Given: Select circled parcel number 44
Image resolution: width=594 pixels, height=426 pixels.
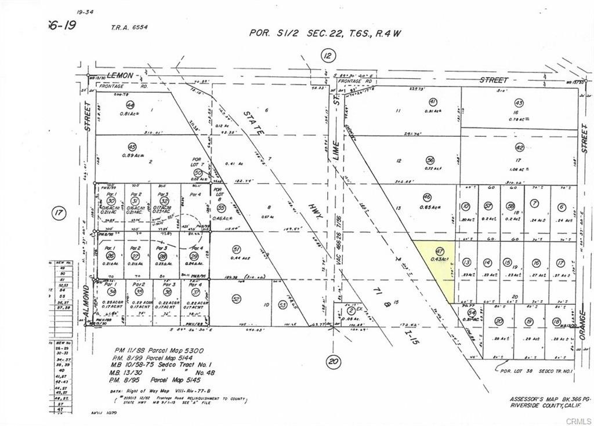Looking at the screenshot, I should pyautogui.click(x=131, y=105).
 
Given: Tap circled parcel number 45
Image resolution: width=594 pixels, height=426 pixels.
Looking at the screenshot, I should pyautogui.click(x=132, y=147).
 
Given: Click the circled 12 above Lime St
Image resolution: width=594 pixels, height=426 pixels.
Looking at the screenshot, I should pyautogui.click(x=328, y=56).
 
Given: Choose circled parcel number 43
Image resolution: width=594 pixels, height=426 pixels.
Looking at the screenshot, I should pyautogui.click(x=519, y=103).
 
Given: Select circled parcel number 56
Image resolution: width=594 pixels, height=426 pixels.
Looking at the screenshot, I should pyautogui.click(x=429, y=160).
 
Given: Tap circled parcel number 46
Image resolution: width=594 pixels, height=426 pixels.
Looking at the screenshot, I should pyautogui.click(x=427, y=197).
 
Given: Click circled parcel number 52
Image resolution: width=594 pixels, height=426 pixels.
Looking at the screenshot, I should pyautogui.click(x=236, y=299).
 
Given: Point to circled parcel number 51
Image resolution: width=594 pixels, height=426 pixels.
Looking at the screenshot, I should pyautogui.click(x=236, y=249).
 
